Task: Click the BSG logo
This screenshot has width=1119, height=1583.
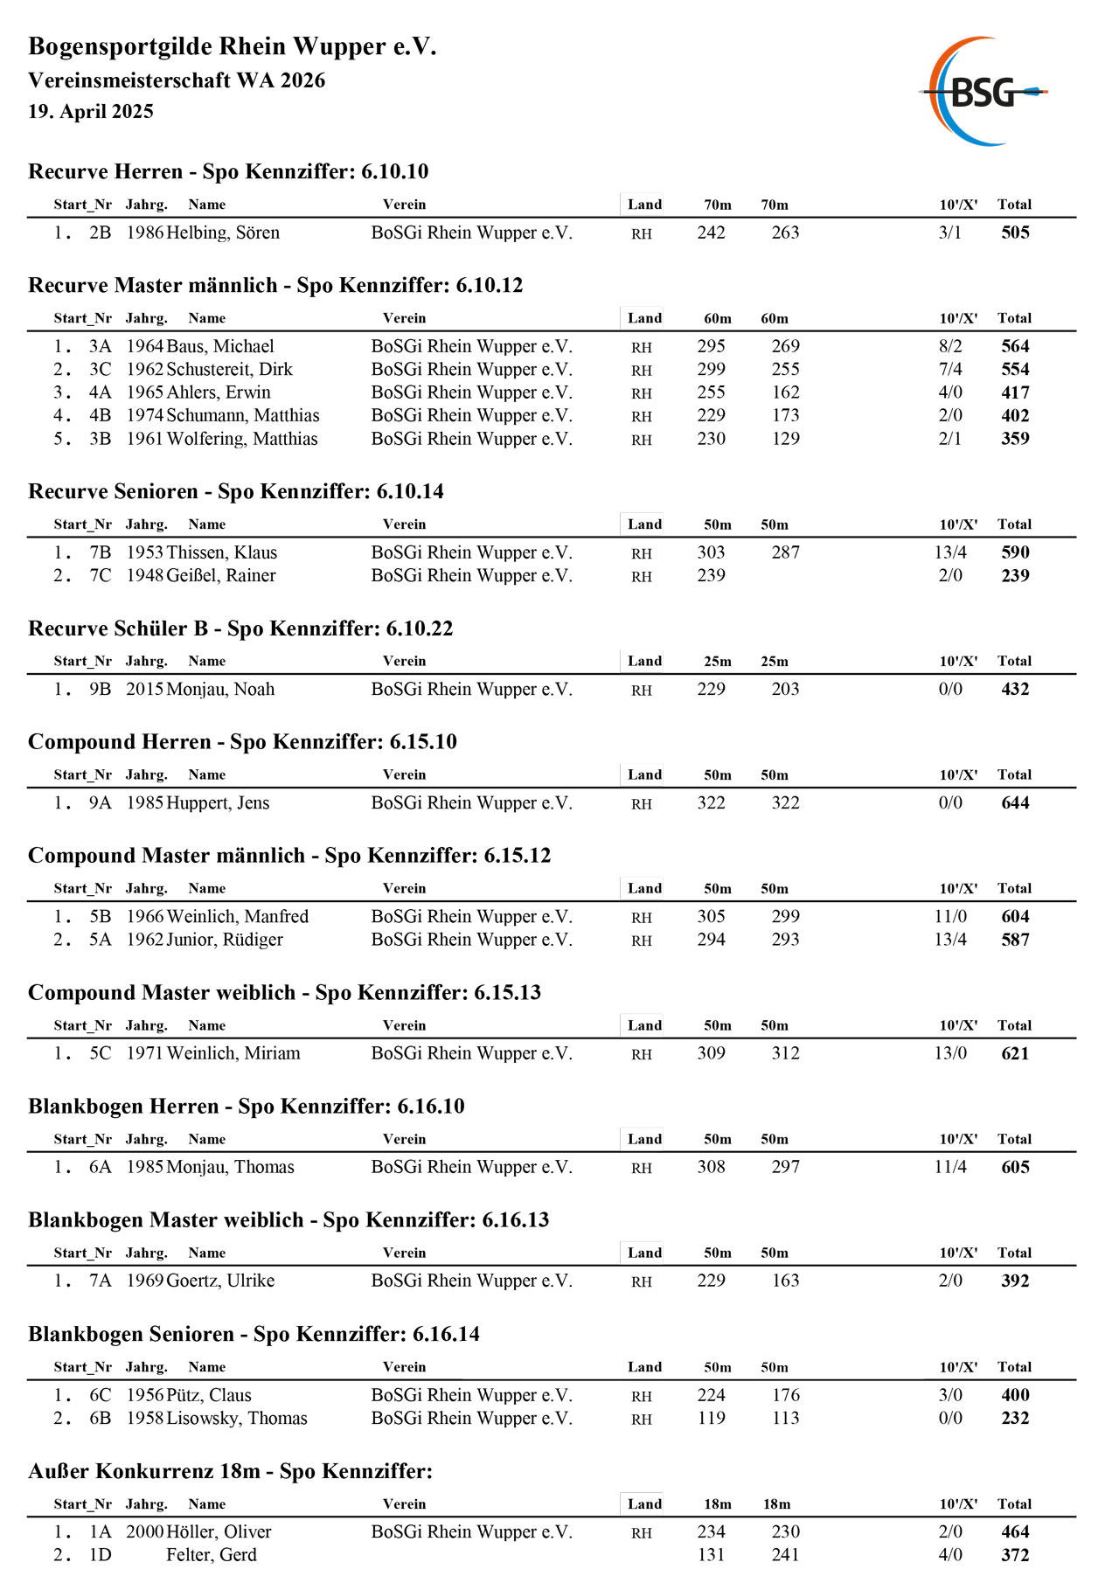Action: (x=983, y=92)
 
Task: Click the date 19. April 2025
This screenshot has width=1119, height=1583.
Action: (x=91, y=112)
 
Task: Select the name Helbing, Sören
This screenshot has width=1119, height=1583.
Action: (x=223, y=233)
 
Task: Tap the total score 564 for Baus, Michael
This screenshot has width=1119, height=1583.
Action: (x=1015, y=346)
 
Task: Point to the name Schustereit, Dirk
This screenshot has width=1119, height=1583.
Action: (x=229, y=370)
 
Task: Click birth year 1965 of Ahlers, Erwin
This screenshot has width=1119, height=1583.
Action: (x=144, y=392)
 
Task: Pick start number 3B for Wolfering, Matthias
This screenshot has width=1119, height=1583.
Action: (x=100, y=439)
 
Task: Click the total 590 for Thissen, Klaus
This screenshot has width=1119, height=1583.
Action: (x=1015, y=552)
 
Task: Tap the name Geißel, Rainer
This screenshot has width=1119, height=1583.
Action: (x=221, y=576)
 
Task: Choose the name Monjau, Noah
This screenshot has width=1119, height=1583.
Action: (x=220, y=690)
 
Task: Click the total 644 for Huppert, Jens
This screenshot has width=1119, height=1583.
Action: (x=1015, y=803)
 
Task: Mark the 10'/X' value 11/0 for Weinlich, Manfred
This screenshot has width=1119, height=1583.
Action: (x=950, y=917)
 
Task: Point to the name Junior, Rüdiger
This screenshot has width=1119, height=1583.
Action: (x=225, y=940)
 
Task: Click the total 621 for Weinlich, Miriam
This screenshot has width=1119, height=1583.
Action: (x=1015, y=1054)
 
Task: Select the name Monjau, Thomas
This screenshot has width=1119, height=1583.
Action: (x=230, y=1168)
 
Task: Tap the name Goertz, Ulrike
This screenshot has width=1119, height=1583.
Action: (x=220, y=1281)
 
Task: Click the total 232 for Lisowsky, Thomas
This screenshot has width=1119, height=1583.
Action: (x=1015, y=1419)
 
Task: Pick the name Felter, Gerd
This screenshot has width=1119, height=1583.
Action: (x=212, y=1555)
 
